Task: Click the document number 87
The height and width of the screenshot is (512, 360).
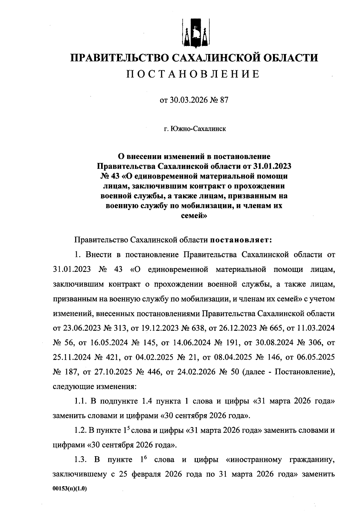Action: coord(224,100)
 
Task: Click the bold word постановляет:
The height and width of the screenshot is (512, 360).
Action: coord(241,240)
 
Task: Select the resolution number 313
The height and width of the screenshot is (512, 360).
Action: coord(120,328)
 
